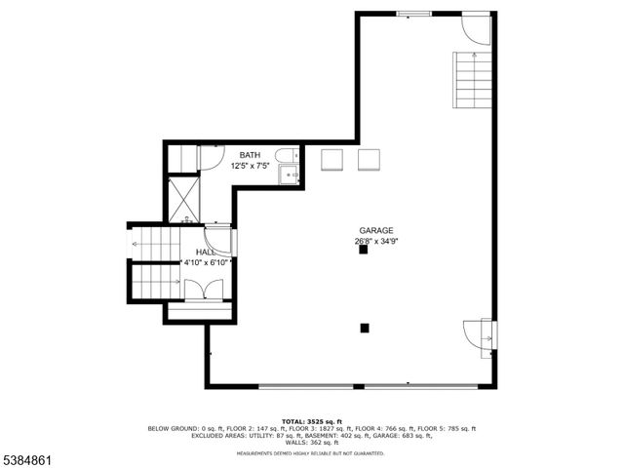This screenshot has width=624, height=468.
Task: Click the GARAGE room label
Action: pos(374,230)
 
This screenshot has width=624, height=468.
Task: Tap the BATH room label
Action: pos(251,155)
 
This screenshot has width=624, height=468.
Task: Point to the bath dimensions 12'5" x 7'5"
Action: pos(251,166)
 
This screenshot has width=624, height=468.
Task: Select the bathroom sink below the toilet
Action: pos(289,175)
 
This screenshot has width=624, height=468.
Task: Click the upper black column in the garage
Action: pos(363,251)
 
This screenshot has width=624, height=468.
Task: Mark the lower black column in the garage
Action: pos(365,329)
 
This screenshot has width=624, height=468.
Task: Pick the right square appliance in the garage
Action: pos(370,160)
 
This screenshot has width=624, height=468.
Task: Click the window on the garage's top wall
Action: pos(413,13)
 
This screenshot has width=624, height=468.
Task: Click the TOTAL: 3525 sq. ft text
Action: pos(312,420)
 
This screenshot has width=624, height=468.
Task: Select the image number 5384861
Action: pos(29,457)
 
